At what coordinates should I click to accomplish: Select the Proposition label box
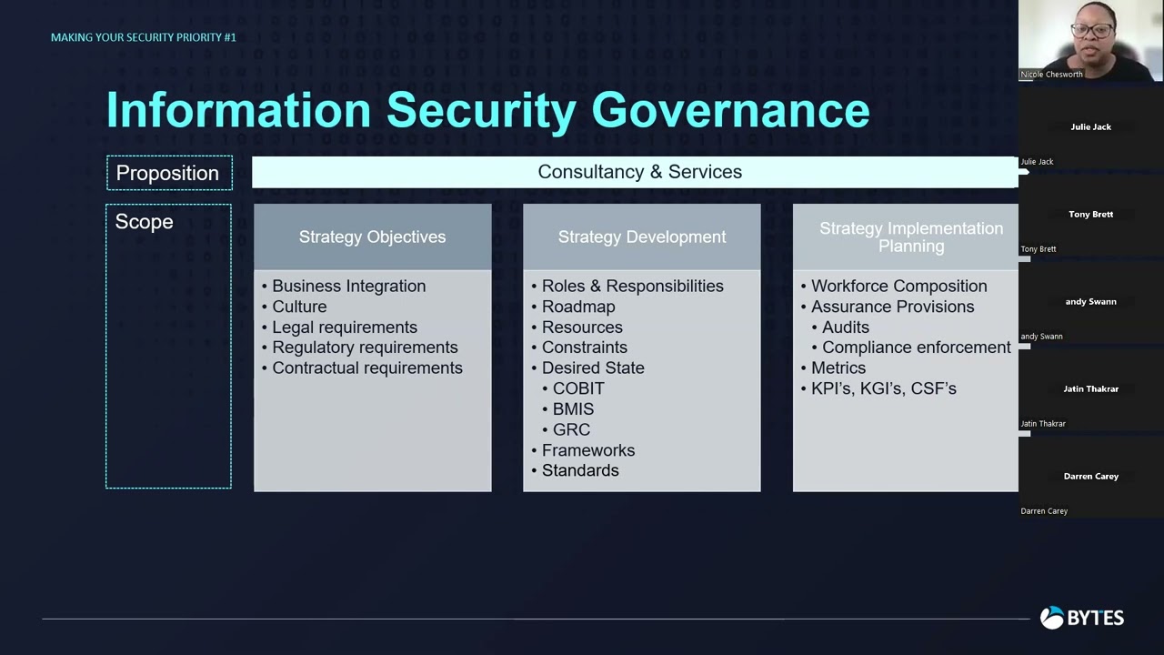[x=168, y=173]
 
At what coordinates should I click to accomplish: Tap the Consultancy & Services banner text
[x=639, y=172]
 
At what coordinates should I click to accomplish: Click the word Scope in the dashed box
[x=144, y=222]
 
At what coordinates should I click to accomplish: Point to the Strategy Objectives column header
[x=372, y=237]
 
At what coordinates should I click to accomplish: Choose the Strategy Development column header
[x=641, y=237]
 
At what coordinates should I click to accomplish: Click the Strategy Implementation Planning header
[x=910, y=237]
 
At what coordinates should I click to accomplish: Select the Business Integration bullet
[x=348, y=286]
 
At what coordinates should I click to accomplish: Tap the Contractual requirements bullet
[x=366, y=368]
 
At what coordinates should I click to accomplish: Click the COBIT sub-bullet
[x=578, y=388]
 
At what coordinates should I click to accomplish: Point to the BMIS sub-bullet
[x=573, y=408]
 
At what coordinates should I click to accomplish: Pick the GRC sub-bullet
[x=571, y=429]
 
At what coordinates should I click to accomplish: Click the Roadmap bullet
[x=578, y=307]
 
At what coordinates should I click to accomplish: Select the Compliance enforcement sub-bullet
[x=916, y=348]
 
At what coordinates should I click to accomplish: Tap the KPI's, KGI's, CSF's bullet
[x=883, y=388]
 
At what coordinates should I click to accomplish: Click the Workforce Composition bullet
[x=898, y=286]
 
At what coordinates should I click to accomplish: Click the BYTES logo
[x=1082, y=618]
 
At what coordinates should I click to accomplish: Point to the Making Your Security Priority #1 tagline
[x=144, y=37]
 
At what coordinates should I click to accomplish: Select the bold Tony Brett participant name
[x=1090, y=215]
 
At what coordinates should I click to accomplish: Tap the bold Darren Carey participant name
[x=1090, y=477]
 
